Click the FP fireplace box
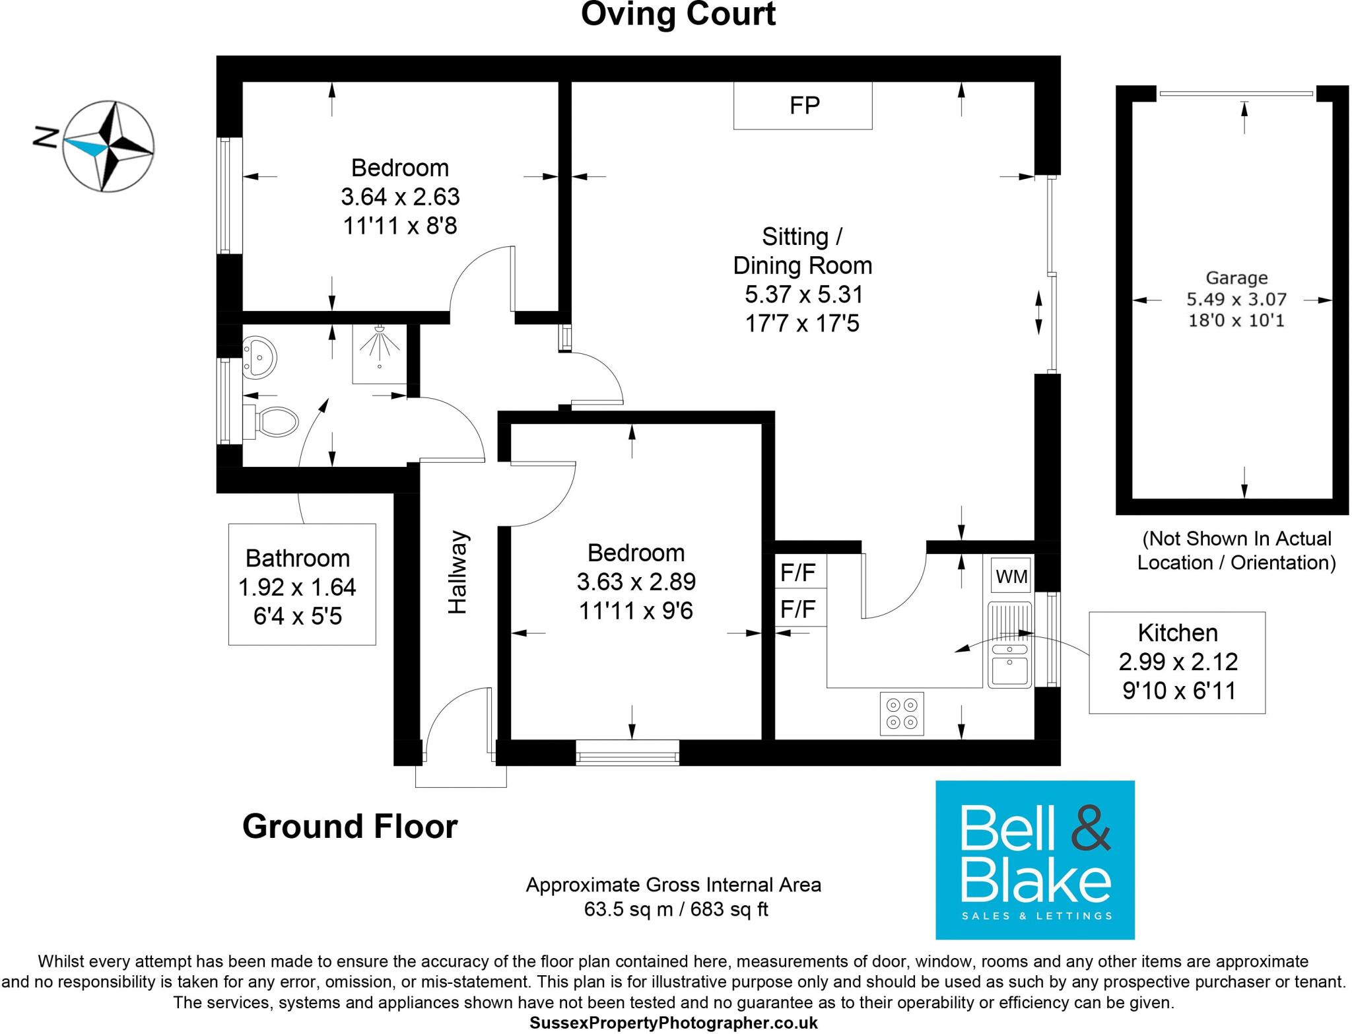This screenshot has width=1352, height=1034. pyautogui.click(x=803, y=105)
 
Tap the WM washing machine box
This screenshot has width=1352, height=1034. pyautogui.click(x=1011, y=576)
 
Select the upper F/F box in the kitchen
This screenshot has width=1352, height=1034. pyautogui.click(x=799, y=572)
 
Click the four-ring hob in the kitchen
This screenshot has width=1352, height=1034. pyautogui.click(x=902, y=714)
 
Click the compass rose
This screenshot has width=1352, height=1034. pyautogui.click(x=109, y=147)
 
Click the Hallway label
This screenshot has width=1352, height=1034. pyautogui.click(x=458, y=572)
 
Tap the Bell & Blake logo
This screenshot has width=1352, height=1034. pyautogui.click(x=1034, y=860)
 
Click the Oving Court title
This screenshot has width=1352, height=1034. pyautogui.click(x=678, y=15)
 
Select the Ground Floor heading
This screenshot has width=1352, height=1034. pyautogui.click(x=350, y=826)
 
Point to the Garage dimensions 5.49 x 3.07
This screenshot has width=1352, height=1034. pyautogui.click(x=1236, y=299)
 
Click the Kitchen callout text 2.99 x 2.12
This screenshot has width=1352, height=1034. pyautogui.click(x=1178, y=661)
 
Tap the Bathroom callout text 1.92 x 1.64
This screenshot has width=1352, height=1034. pyautogui.click(x=297, y=587)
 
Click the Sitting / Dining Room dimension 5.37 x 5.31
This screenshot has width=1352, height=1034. pyautogui.click(x=803, y=294)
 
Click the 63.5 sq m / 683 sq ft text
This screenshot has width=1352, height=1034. pyautogui.click(x=676, y=909)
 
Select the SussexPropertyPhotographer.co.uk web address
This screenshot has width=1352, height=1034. pyautogui.click(x=673, y=1023)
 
